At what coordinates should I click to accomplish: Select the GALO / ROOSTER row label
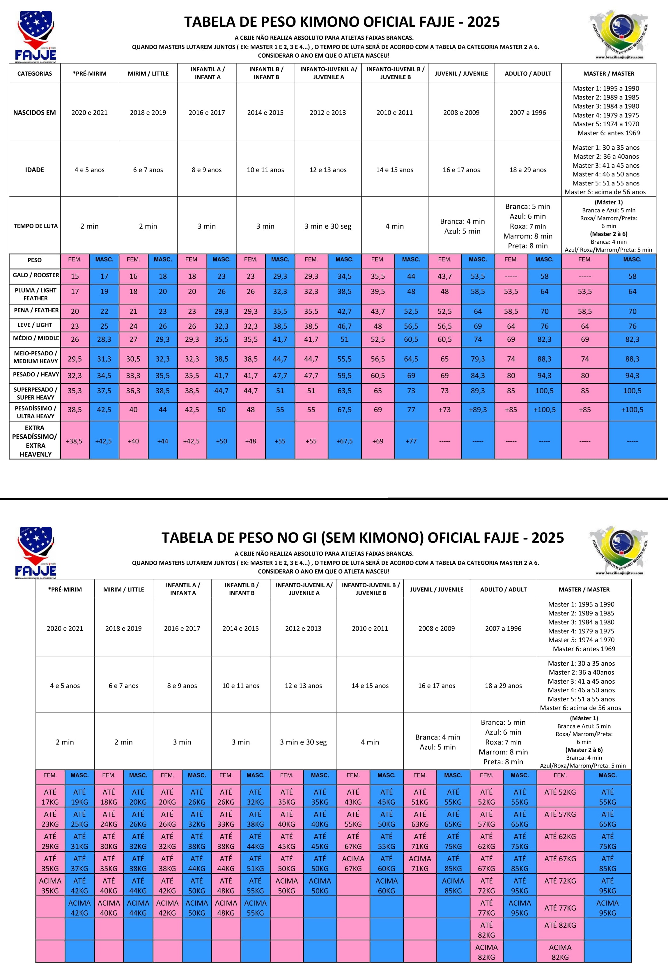pos(35,275)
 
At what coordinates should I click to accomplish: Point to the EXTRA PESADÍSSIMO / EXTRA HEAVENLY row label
pos(35,441)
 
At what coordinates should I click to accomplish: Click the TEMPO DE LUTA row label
pos(35,226)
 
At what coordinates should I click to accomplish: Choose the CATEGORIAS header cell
pos(35,74)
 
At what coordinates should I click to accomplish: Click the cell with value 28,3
pos(104,339)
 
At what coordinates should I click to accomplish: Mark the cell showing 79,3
pos(478,359)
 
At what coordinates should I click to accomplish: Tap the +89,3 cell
pos(478,409)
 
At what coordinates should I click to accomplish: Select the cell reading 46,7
pos(344,326)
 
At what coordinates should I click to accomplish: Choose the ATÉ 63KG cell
pos(420,819)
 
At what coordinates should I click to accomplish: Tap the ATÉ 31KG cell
pos(79,841)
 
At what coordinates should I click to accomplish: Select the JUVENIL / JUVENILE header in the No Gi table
pos(437,590)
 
